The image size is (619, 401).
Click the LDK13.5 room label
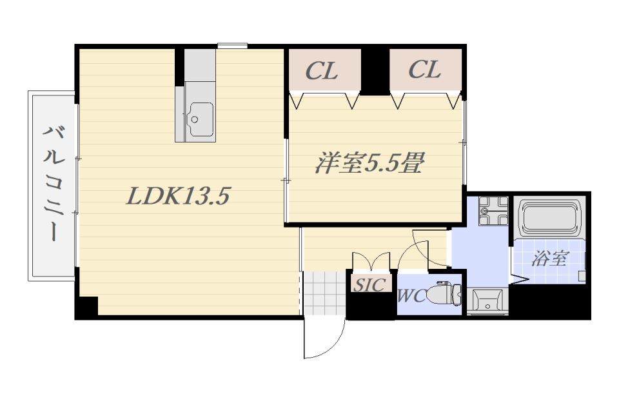178,196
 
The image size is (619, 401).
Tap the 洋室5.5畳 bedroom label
369,163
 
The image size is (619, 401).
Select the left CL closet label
322,71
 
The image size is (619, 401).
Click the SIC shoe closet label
369,284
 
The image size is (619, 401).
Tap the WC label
412,296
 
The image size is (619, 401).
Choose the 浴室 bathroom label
549,259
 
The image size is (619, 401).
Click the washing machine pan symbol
493,211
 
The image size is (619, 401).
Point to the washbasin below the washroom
488,302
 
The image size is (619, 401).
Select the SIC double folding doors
371,261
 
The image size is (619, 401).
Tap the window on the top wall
232,46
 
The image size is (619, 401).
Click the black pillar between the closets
375,70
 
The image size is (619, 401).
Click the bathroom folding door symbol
520,279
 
